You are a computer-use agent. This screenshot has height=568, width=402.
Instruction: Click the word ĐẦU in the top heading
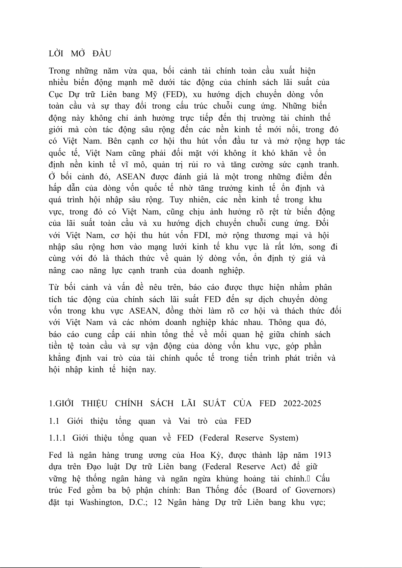(x=102, y=54)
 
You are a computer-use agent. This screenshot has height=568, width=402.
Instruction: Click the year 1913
(x=322, y=455)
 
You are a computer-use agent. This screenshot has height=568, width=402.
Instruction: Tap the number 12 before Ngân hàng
(x=158, y=502)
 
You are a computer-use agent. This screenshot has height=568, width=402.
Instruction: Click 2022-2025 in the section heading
(x=302, y=403)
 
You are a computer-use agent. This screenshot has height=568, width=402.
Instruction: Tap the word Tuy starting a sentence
(x=176, y=200)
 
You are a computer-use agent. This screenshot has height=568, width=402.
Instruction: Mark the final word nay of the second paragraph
(x=149, y=369)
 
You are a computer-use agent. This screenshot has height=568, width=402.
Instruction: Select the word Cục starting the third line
(x=56, y=94)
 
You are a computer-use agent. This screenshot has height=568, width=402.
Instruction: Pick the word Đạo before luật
(x=93, y=467)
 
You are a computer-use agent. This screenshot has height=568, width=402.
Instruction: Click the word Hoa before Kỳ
(x=197, y=455)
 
